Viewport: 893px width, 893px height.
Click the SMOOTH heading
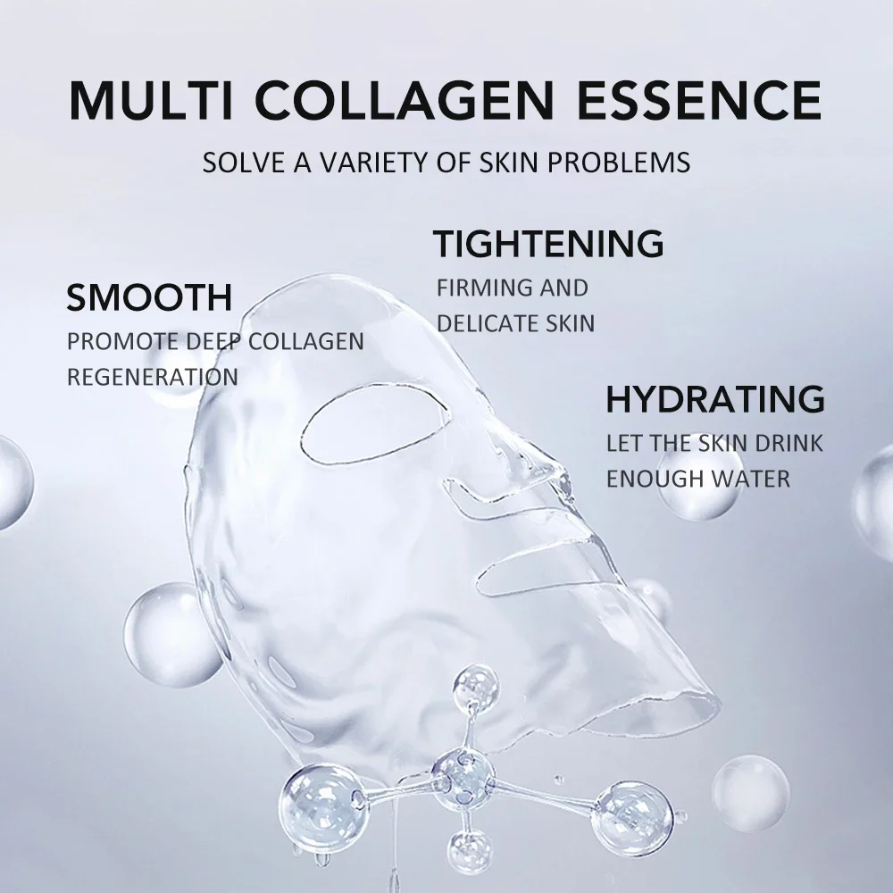149,297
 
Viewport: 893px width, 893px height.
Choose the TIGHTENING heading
548,243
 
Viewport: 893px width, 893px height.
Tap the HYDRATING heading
714,399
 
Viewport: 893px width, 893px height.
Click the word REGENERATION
153,376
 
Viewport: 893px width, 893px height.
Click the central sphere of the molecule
462,775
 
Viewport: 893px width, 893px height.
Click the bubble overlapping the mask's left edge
170,634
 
